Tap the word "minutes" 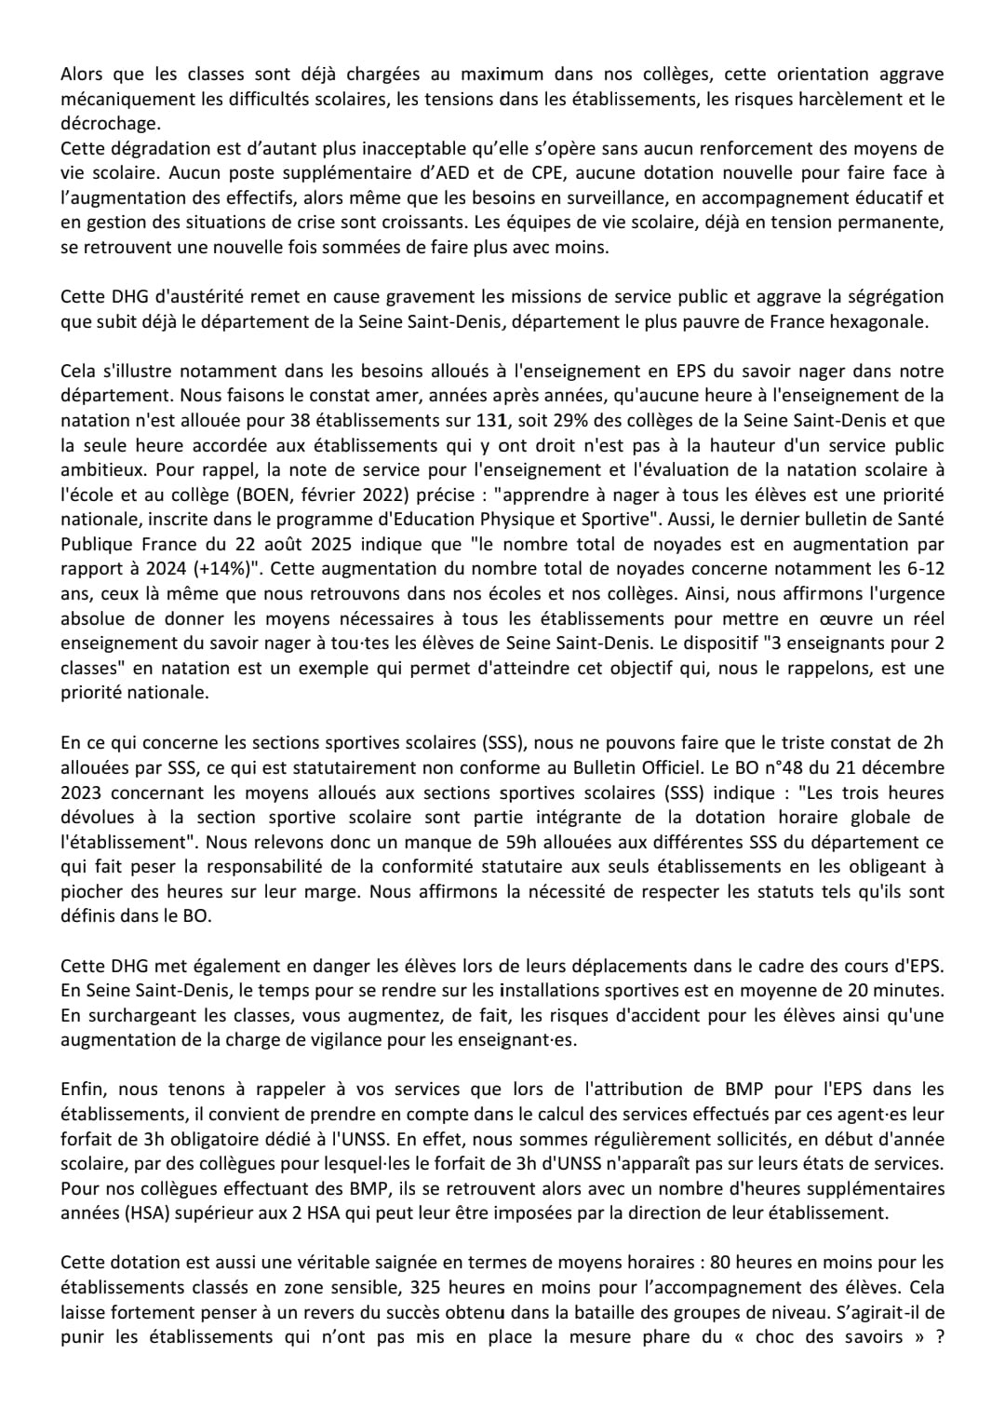(912, 990)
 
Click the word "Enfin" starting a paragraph (84, 1089)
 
